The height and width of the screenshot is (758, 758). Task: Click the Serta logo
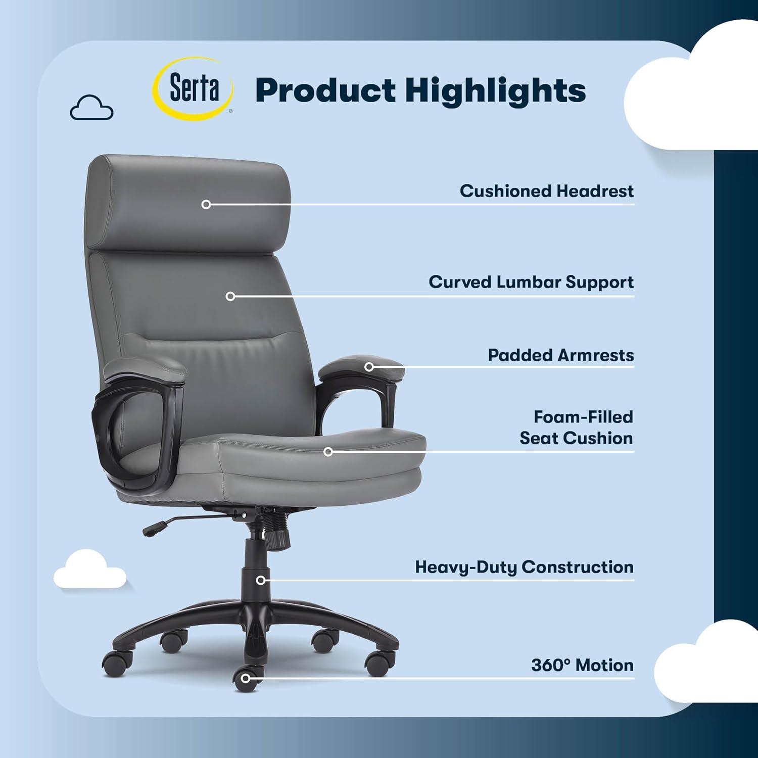click(x=194, y=89)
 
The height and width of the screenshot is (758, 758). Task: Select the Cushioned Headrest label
click(x=546, y=191)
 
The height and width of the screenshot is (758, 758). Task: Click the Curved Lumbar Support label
click(x=531, y=282)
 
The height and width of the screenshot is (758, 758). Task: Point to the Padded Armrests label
click(x=560, y=355)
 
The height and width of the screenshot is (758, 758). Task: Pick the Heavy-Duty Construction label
click(x=524, y=567)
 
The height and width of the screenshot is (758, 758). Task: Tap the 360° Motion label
click(x=582, y=665)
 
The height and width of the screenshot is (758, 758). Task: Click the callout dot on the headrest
click(x=206, y=204)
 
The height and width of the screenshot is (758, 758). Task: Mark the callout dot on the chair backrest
click(x=230, y=296)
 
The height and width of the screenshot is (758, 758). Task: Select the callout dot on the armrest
click(x=369, y=366)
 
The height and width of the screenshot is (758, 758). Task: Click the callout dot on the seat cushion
click(x=328, y=451)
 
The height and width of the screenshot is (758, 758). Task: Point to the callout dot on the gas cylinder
click(x=261, y=580)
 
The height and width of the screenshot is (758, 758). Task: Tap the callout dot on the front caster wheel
click(x=246, y=678)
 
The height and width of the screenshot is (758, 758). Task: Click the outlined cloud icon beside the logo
click(x=91, y=108)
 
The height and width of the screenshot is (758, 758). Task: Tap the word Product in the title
click(x=325, y=91)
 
